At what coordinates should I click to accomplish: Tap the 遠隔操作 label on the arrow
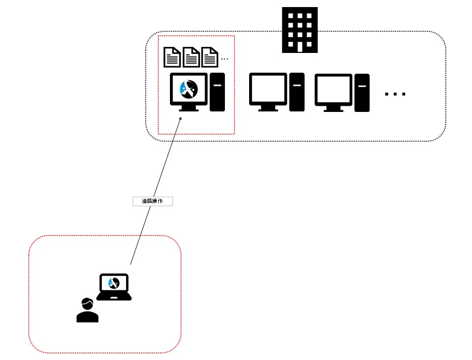click(x=152, y=201)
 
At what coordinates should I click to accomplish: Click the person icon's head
click(x=87, y=305)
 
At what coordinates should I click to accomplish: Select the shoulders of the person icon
click(x=87, y=317)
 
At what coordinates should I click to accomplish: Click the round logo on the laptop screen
click(x=113, y=283)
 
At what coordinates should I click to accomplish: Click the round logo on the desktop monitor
click(x=189, y=90)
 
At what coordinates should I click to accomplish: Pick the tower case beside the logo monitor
click(x=217, y=92)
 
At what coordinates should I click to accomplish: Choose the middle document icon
click(x=191, y=57)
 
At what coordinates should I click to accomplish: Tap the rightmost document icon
click(x=209, y=57)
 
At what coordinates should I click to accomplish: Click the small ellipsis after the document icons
click(x=224, y=59)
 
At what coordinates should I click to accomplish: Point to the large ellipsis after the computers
click(x=395, y=94)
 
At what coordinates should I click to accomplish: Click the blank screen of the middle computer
click(x=268, y=89)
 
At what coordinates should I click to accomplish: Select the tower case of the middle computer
click(x=297, y=92)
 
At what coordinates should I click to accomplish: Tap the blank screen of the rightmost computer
click(x=333, y=90)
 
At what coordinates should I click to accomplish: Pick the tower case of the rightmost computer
click(x=362, y=92)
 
